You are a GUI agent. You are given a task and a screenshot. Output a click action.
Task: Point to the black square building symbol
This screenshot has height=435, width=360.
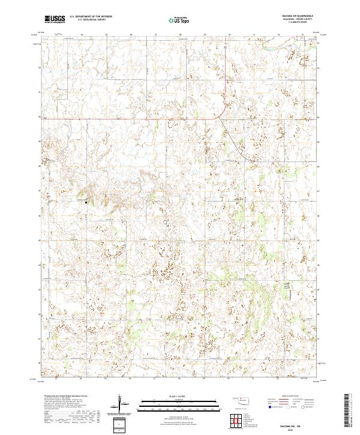tap(86, 202)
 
